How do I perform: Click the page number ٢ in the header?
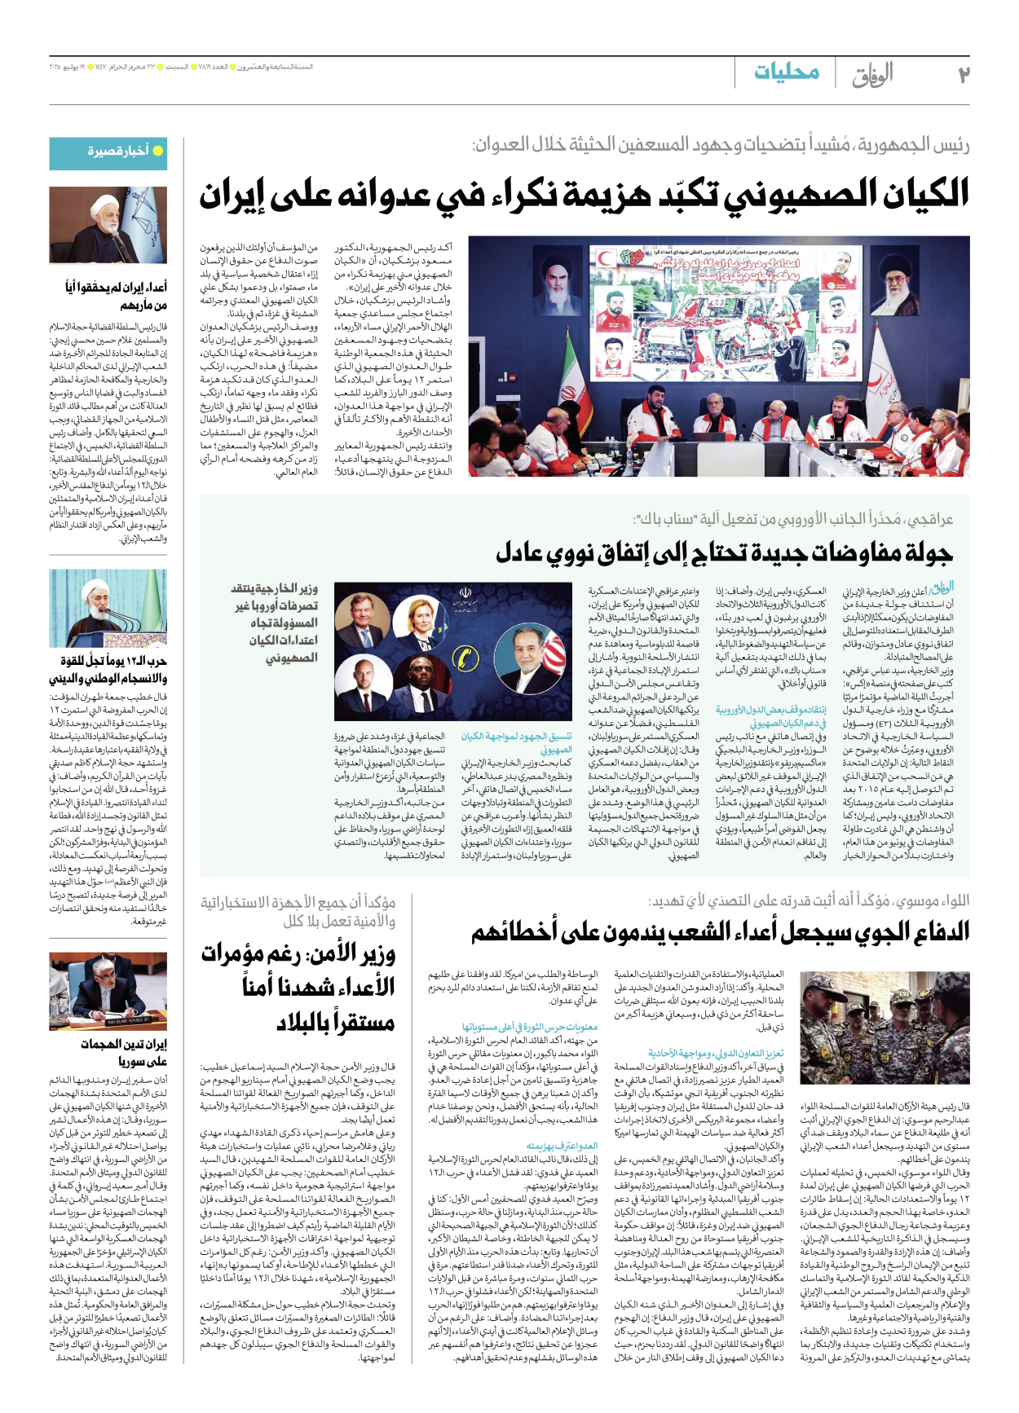(x=963, y=75)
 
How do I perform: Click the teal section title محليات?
(x=786, y=72)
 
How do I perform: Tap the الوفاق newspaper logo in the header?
(x=872, y=75)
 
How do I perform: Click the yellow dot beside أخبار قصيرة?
(x=158, y=151)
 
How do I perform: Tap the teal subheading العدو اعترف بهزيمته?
(x=562, y=1146)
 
